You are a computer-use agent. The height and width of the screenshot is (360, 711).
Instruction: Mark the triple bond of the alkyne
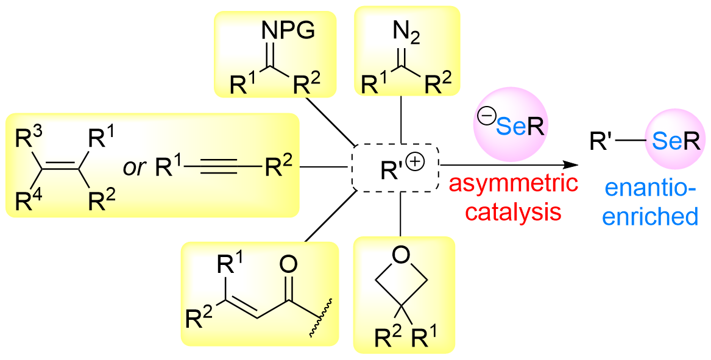click(221, 166)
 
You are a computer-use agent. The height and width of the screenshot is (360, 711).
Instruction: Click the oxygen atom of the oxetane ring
click(401, 255)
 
